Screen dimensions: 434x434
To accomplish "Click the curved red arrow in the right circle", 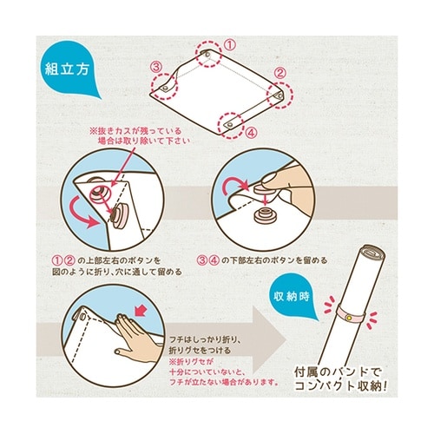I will (236, 183).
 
